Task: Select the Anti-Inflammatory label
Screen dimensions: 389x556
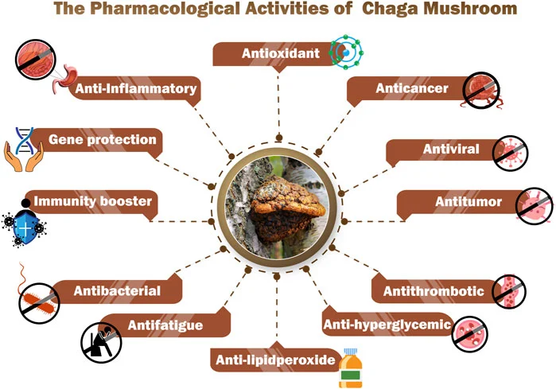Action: (x=135, y=89)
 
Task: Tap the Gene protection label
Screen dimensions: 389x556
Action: (x=102, y=140)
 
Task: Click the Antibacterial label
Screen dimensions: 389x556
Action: (x=116, y=291)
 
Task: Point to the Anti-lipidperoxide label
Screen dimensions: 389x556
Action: (x=274, y=360)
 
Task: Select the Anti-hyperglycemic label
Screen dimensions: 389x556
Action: (x=387, y=325)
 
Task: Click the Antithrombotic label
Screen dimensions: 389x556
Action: (x=434, y=291)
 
